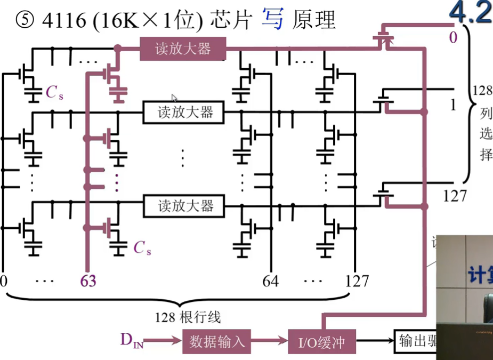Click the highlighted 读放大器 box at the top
pos(183,49)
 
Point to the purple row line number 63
pos(88,281)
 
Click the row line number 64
pos(270,281)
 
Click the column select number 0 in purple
pos(452,37)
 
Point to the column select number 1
pos(453,105)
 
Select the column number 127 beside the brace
pos(455,196)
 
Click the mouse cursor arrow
pos(174,98)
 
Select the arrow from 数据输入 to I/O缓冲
pos(270,341)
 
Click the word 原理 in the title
pos(314,21)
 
